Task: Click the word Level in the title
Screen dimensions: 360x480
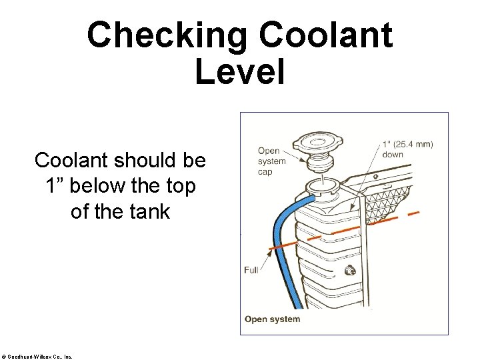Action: tap(240, 71)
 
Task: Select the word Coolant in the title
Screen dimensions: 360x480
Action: tap(326, 35)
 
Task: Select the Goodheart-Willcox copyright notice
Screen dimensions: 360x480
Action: tap(37, 356)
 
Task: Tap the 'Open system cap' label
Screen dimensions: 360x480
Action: tap(272, 161)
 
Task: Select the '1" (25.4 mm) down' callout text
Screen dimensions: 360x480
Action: tap(407, 149)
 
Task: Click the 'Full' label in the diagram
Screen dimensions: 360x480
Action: tap(251, 270)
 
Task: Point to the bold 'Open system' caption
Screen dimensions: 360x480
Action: tap(272, 319)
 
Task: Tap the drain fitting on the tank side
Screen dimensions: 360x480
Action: tap(347, 271)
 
